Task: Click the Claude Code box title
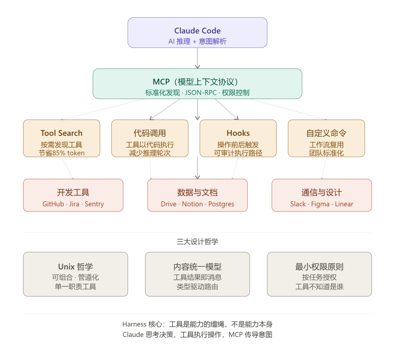click(x=197, y=31)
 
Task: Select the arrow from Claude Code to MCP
click(x=197, y=58)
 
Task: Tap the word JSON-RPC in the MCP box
click(x=201, y=93)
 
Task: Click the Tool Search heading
click(x=61, y=133)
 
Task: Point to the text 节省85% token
click(x=61, y=153)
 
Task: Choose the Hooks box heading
click(x=238, y=133)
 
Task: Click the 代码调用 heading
click(x=150, y=133)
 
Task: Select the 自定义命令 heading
click(x=326, y=133)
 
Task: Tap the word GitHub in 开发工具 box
click(x=53, y=204)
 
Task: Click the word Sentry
click(x=94, y=204)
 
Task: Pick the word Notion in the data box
click(x=192, y=204)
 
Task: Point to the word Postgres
click(x=221, y=204)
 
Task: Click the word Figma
click(x=320, y=204)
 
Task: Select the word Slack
click(x=298, y=204)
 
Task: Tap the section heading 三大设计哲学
click(x=197, y=242)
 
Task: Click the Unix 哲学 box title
click(x=75, y=267)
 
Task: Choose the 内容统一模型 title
click(x=197, y=267)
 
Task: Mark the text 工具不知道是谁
click(x=319, y=287)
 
